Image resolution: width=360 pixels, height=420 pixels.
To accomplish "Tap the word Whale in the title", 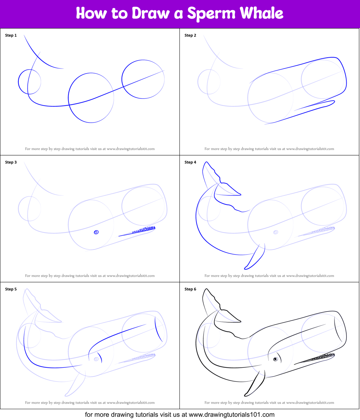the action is (x=262, y=13).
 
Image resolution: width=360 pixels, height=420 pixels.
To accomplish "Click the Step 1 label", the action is (x=11, y=35).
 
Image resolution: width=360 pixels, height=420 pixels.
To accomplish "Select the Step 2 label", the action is (x=190, y=35).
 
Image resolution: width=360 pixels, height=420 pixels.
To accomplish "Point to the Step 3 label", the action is (x=11, y=162).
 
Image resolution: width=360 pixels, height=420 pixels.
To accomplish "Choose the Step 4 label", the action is (x=190, y=162).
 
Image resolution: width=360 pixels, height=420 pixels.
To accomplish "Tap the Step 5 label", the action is (x=11, y=289).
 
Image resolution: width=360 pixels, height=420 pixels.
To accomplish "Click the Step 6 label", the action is (x=190, y=289).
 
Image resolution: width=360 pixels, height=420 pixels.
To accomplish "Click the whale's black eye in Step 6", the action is (x=275, y=359).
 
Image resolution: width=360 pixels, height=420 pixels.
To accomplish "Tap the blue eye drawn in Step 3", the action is (x=96, y=232).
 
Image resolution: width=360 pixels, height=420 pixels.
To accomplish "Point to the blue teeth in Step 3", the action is (x=144, y=230).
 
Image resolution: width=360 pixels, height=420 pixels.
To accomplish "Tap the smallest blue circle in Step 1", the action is (x=30, y=82).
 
